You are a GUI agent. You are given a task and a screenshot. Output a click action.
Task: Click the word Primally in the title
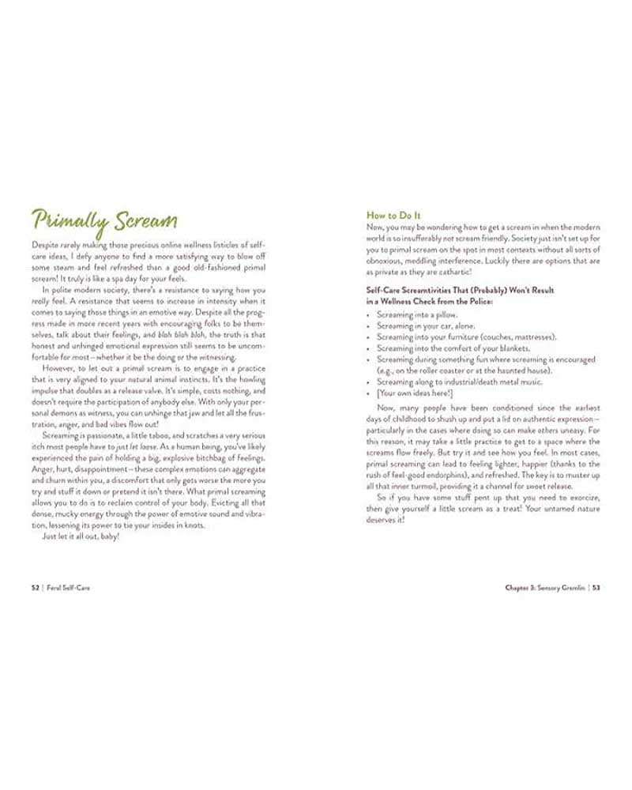tap(65, 220)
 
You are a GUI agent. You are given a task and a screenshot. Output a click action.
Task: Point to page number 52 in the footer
tap(36, 588)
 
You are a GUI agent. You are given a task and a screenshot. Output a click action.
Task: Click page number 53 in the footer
tap(596, 588)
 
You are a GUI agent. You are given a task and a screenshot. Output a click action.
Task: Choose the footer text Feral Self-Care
tap(67, 588)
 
